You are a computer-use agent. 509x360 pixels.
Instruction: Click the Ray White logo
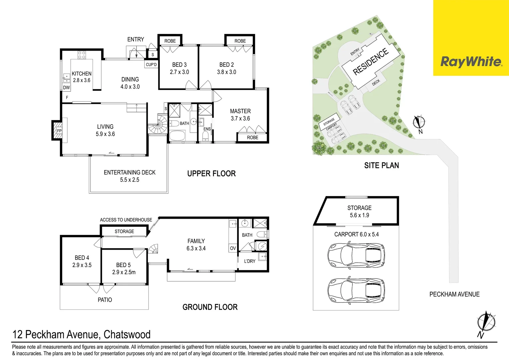click(471, 62)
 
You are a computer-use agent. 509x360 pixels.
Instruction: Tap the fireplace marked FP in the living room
click(59, 131)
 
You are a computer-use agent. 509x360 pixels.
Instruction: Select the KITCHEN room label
click(82, 74)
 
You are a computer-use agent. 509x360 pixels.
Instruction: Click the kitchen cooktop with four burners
click(82, 55)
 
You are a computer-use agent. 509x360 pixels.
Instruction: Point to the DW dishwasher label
click(66, 88)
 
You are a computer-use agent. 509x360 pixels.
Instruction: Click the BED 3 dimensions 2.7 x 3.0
click(179, 72)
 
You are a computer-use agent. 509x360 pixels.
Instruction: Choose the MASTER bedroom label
click(240, 111)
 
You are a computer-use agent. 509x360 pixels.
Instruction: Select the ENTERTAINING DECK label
click(130, 172)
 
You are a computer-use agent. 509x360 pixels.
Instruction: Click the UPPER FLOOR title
click(211, 174)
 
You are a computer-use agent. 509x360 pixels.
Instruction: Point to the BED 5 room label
click(123, 265)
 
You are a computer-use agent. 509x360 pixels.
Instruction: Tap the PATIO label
click(105, 300)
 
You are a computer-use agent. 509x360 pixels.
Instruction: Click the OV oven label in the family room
click(233, 248)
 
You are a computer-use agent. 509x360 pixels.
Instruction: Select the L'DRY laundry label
click(250, 261)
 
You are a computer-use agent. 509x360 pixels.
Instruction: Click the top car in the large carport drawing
click(356, 256)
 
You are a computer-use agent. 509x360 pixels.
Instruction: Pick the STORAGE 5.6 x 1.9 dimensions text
click(359, 215)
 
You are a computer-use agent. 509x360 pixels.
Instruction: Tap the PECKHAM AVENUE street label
click(454, 294)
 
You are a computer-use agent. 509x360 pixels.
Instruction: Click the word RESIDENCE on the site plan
click(370, 61)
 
